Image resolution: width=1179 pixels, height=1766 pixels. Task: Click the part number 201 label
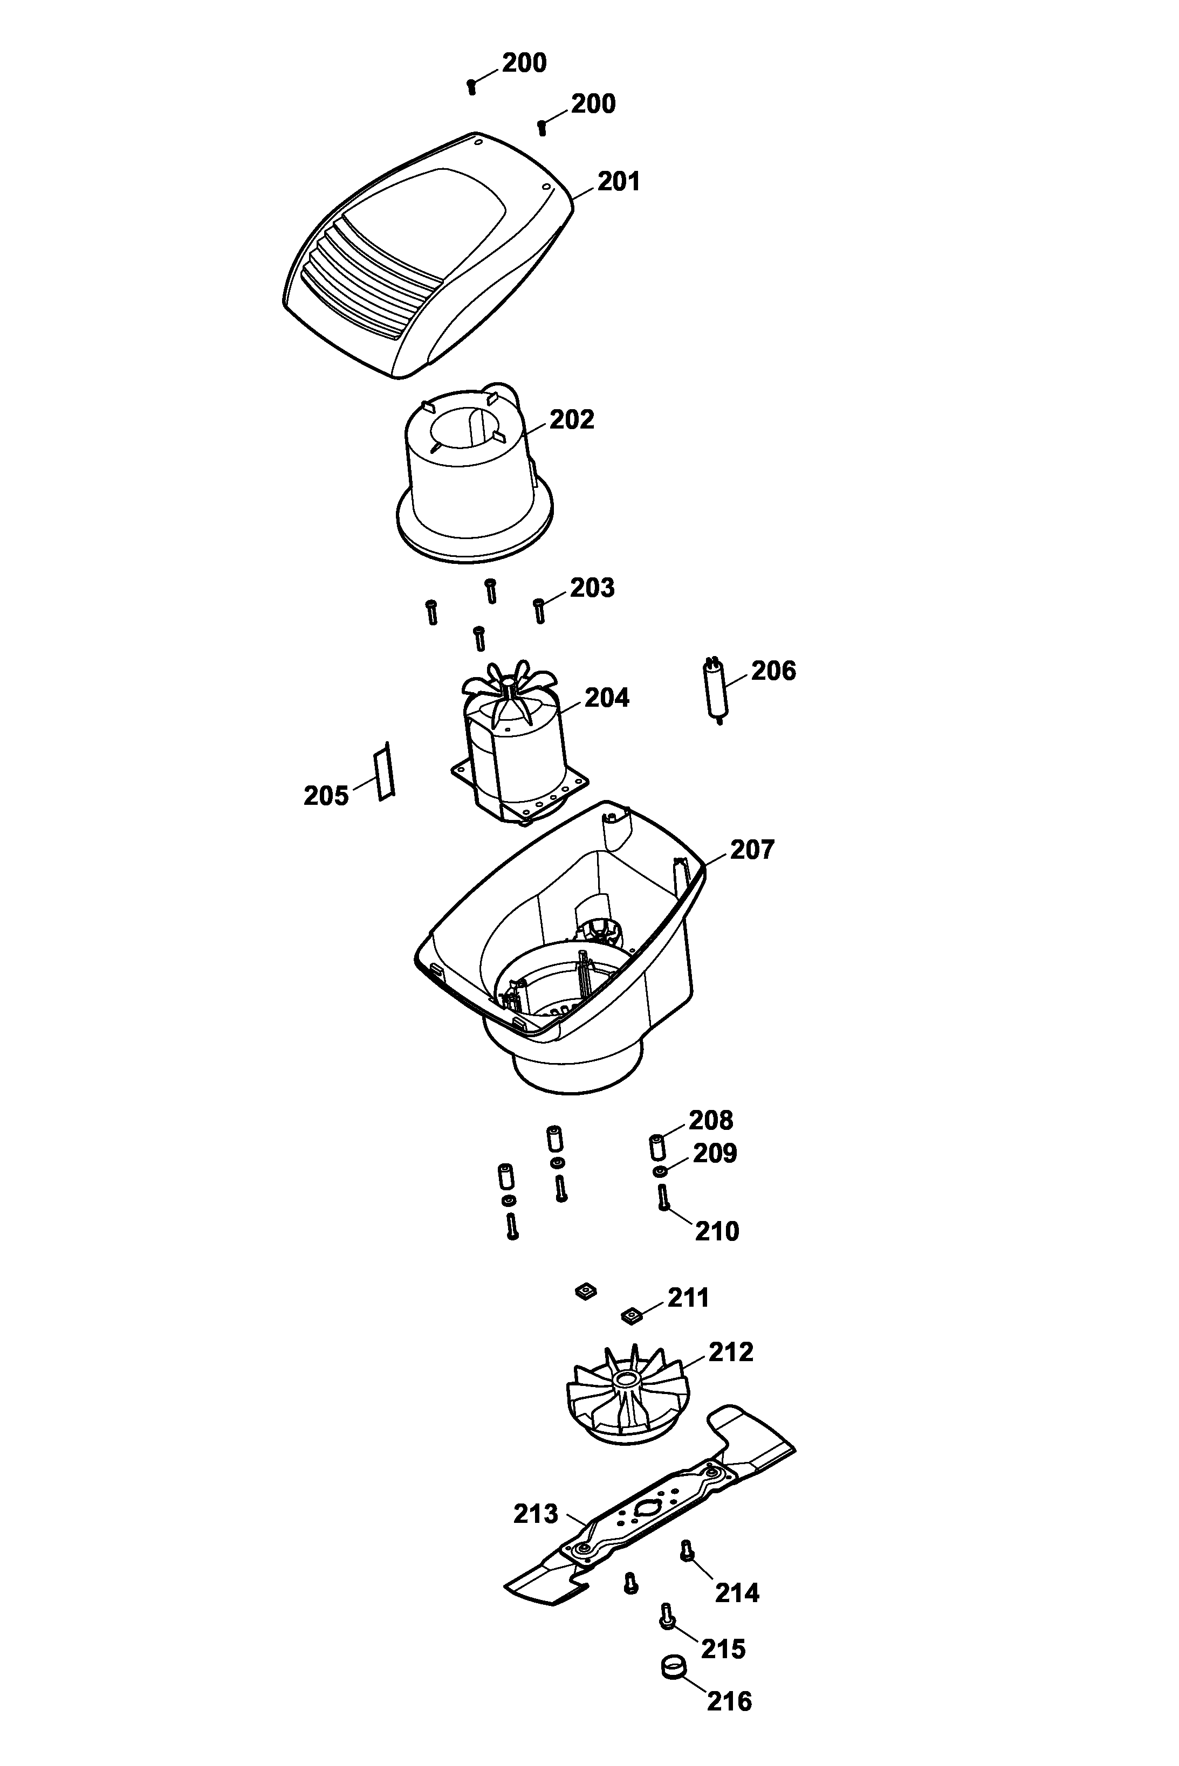pos(618,182)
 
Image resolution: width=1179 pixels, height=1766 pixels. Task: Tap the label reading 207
pos(751,850)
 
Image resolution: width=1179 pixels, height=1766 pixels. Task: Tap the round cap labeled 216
pos(674,1667)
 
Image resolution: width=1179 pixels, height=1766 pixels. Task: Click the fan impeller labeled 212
pos(625,1396)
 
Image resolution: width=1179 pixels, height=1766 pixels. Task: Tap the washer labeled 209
pos(660,1172)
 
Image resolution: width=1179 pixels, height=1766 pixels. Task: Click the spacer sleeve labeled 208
pos(656,1148)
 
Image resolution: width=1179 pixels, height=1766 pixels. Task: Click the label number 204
pos(606,698)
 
